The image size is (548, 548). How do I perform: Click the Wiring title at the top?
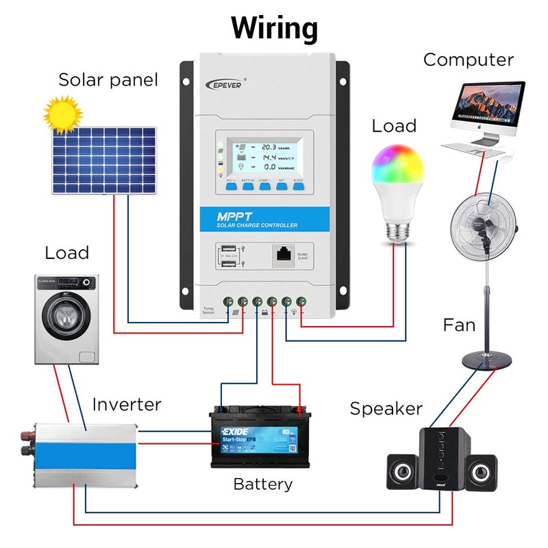pyautogui.click(x=274, y=29)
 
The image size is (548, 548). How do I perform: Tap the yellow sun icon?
pyautogui.click(x=61, y=113)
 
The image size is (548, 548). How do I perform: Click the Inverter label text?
pyautogui.click(x=127, y=404)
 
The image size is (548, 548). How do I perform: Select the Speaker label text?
pyautogui.click(x=386, y=408)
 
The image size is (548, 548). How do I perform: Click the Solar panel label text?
pyautogui.click(x=108, y=80)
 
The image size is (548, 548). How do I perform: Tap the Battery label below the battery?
pyautogui.click(x=262, y=484)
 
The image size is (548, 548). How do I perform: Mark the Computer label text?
pyautogui.click(x=468, y=60)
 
